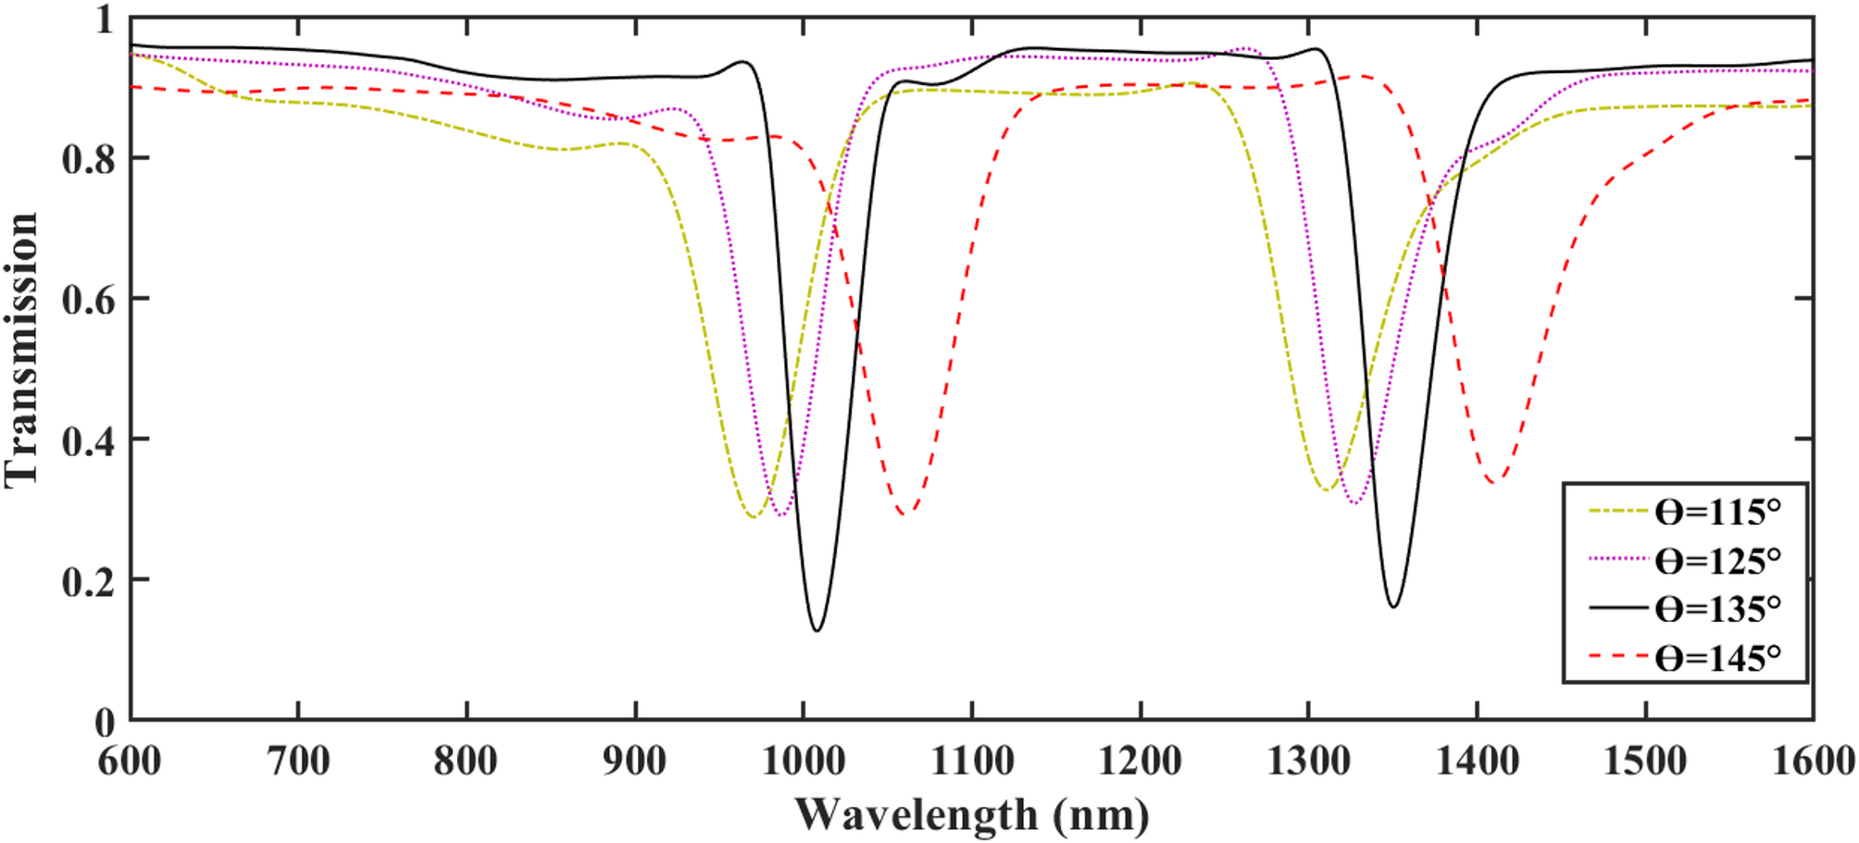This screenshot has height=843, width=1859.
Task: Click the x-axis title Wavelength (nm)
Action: pyautogui.click(x=971, y=815)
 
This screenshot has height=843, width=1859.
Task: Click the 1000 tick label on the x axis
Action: pyautogui.click(x=803, y=762)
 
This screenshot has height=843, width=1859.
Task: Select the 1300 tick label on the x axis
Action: pyautogui.click(x=1308, y=762)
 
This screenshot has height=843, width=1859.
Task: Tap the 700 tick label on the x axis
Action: pyautogui.click(x=298, y=762)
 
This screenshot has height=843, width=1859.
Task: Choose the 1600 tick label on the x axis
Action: pyautogui.click(x=1812, y=762)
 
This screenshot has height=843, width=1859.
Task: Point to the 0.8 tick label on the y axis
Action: pyautogui.click(x=88, y=159)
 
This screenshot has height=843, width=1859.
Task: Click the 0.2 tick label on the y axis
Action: pyautogui.click(x=88, y=581)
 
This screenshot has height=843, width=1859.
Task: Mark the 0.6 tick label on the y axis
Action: pyautogui.click(x=88, y=300)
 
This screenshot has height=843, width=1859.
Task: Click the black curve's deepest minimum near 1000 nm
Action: pyautogui.click(x=817, y=631)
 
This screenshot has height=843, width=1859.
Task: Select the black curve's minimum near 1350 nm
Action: pyautogui.click(x=1393, y=607)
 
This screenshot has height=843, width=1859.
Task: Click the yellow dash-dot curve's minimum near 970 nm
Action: pyautogui.click(x=754, y=516)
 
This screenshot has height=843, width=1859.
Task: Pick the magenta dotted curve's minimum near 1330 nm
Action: pyautogui.click(x=1355, y=503)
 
